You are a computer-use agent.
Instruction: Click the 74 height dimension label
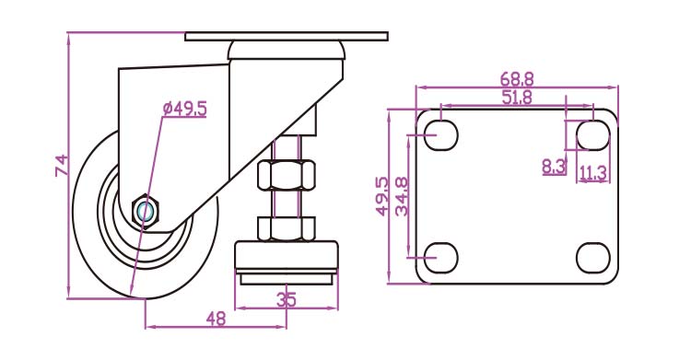tap(62, 165)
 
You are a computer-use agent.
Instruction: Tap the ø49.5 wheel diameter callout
tap(184, 109)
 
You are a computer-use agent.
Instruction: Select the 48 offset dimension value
tap(216, 319)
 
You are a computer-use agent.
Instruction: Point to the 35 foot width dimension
tap(287, 300)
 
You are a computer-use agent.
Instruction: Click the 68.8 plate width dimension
tap(517, 79)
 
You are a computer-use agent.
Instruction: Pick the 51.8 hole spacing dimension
tap(517, 97)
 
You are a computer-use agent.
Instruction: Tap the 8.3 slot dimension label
tap(554, 167)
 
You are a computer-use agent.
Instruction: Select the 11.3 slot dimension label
tap(592, 173)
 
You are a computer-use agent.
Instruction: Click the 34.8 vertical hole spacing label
tap(402, 196)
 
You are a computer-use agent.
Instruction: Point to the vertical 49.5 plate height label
tap(382, 196)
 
